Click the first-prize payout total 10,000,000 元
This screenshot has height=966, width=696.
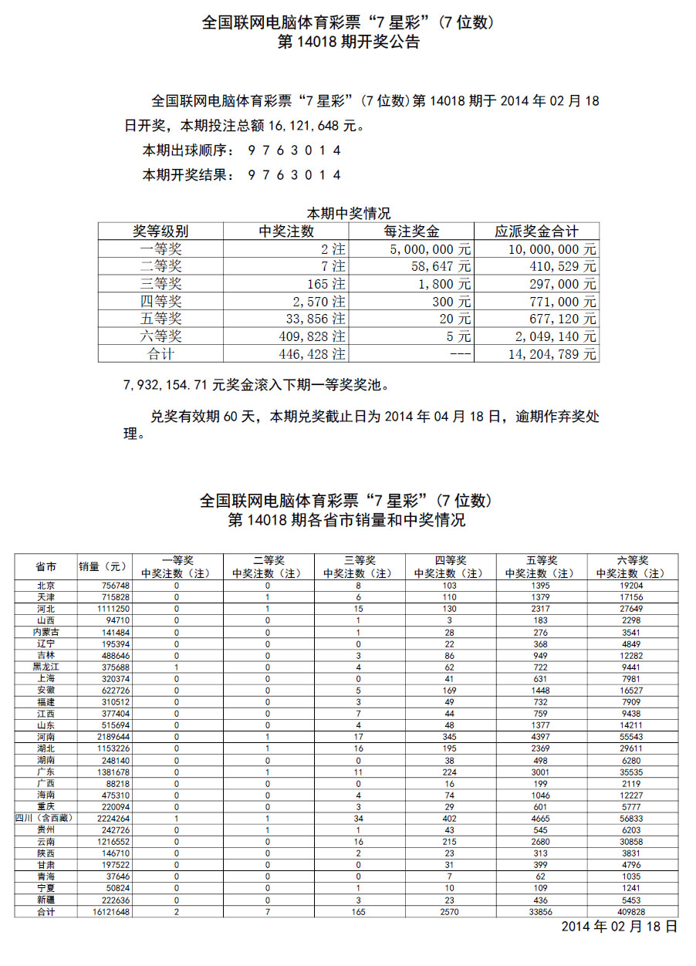click(552, 249)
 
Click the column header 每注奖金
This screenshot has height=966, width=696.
click(411, 231)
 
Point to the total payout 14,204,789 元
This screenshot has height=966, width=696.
click(552, 354)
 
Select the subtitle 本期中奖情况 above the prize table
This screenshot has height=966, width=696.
click(348, 213)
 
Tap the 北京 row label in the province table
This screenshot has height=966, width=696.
click(46, 586)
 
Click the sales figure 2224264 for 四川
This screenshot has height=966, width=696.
click(107, 819)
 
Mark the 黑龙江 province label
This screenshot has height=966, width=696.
click(46, 667)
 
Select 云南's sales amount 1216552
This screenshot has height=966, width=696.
click(107, 842)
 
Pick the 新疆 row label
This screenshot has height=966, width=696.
click(46, 900)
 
